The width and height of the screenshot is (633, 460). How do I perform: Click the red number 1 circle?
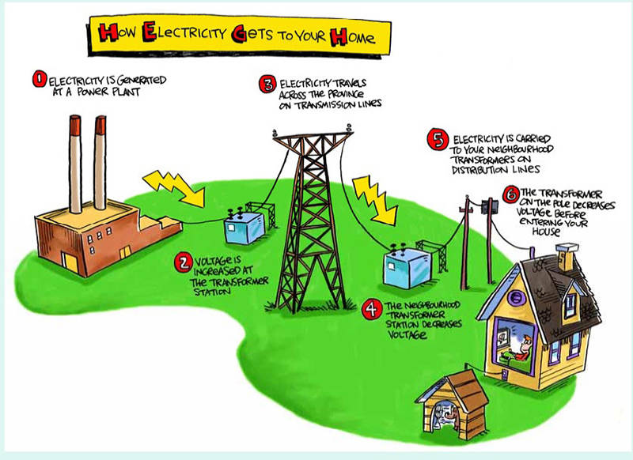(x=39, y=79)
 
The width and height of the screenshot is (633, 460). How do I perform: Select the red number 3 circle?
(x=267, y=85)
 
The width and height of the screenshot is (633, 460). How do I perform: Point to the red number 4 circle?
(x=372, y=309)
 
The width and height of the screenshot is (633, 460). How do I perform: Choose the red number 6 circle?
(x=510, y=194)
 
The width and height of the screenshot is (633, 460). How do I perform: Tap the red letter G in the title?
(x=240, y=34)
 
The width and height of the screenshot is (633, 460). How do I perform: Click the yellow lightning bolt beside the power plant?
(x=174, y=188)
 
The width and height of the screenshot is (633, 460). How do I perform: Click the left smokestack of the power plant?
(x=75, y=164)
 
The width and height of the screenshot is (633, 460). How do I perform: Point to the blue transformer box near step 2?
(x=244, y=228)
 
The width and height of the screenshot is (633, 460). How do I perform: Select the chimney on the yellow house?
(x=567, y=256)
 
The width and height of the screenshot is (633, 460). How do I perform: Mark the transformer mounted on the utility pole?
(x=489, y=207)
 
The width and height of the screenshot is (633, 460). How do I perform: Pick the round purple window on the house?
(x=516, y=298)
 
